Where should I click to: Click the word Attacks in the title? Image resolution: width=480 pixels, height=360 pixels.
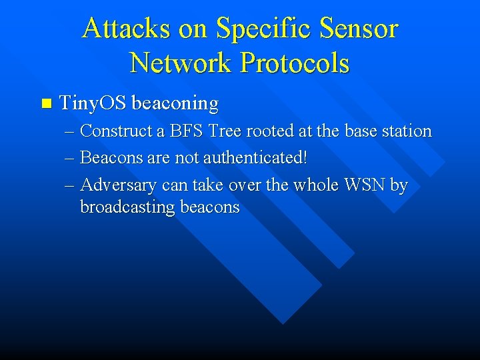point(125,29)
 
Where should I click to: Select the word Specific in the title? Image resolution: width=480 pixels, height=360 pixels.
point(265,29)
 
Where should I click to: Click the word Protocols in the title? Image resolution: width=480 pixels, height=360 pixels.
point(295,63)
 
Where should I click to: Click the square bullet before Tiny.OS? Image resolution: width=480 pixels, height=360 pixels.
point(45,103)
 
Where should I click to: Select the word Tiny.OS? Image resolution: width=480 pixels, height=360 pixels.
point(93,103)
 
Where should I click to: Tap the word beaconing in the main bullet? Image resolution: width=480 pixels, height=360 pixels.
point(175,103)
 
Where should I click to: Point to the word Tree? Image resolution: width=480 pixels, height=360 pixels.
point(225,131)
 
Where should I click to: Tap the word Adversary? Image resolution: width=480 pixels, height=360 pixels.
point(118,185)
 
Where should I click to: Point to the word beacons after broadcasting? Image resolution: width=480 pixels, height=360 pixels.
point(208,207)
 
